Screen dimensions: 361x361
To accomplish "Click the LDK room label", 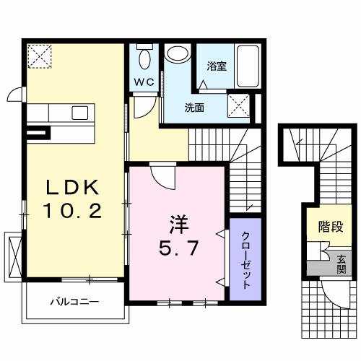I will point(71,188).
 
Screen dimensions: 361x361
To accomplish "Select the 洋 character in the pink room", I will point(178,222).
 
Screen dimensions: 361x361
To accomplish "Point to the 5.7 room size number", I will point(178,247).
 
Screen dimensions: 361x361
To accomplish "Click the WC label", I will point(143,82).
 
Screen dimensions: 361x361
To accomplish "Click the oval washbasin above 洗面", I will point(176,55).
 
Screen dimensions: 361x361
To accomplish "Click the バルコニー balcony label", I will point(74,301).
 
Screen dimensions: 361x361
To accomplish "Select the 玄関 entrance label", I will point(341,265).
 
